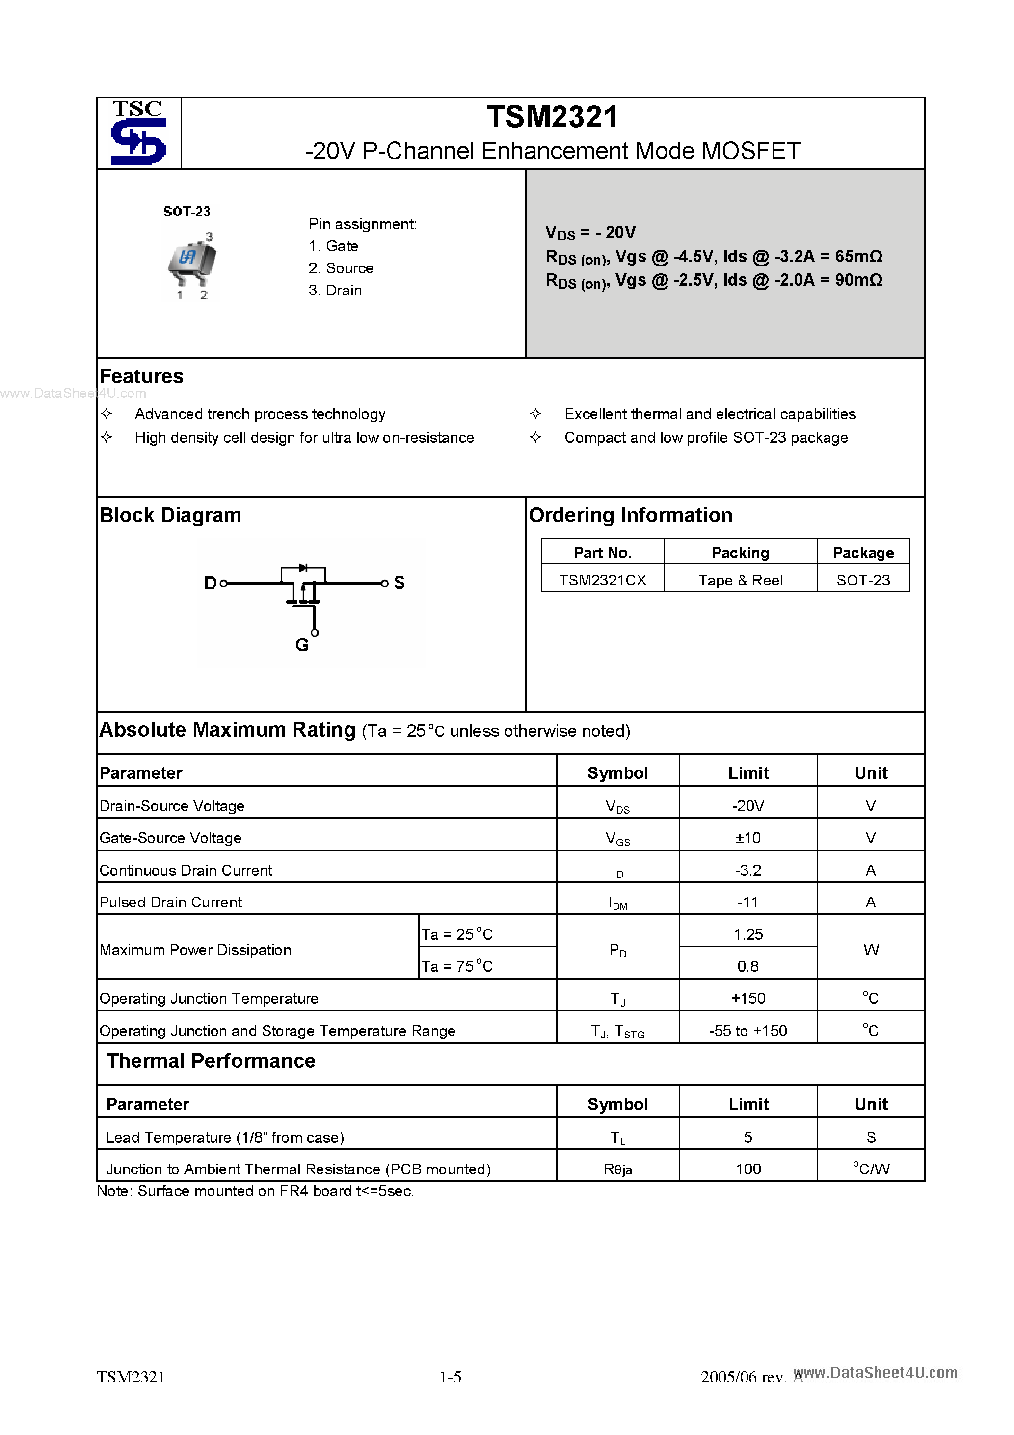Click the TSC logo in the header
point(138,133)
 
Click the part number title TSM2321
point(552,117)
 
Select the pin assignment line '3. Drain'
point(335,291)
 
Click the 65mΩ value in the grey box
point(858,256)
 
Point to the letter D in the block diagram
point(210,583)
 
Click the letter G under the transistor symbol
point(302,645)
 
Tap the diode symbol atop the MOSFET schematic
point(303,567)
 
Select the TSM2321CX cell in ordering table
point(602,580)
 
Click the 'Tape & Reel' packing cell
point(740,580)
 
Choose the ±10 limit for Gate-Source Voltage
point(747,838)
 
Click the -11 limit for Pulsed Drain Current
point(747,902)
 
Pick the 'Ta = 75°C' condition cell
point(457,966)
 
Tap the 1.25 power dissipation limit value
point(747,934)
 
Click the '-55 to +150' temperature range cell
point(747,1031)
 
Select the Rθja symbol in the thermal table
point(617,1169)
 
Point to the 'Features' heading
point(141,376)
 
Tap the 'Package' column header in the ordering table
point(863,553)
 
